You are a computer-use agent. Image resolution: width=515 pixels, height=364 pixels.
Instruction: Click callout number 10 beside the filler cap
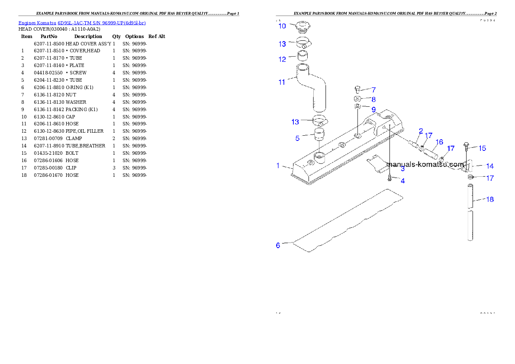pos(282,26)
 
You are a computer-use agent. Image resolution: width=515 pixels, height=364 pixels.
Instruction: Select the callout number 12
pos(282,59)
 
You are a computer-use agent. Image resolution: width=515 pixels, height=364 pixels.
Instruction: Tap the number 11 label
pos(282,82)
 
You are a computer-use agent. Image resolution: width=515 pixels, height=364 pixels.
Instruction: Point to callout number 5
pos(297,138)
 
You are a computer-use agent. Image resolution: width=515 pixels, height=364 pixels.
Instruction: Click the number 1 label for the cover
pos(278,166)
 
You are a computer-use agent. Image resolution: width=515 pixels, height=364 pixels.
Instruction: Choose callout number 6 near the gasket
pos(278,245)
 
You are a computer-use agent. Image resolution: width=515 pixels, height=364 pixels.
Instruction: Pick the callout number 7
pos(373,90)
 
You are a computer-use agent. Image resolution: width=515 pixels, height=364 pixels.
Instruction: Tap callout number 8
pos(373,99)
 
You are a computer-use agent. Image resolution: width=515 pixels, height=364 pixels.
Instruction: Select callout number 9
pos(373,109)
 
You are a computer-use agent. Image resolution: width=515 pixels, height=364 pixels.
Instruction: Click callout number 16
pos(439,142)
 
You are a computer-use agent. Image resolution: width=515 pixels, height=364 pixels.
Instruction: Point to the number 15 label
pos(482,148)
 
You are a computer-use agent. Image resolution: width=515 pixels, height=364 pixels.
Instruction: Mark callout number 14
pos(490,166)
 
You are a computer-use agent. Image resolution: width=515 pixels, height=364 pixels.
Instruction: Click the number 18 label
pos(490,199)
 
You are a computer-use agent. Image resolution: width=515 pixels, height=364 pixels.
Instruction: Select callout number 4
pos(402,181)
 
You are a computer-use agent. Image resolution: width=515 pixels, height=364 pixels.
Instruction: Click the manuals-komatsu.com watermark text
pos(425,164)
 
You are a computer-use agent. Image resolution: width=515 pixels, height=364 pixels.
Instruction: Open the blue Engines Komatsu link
pos(82,22)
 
